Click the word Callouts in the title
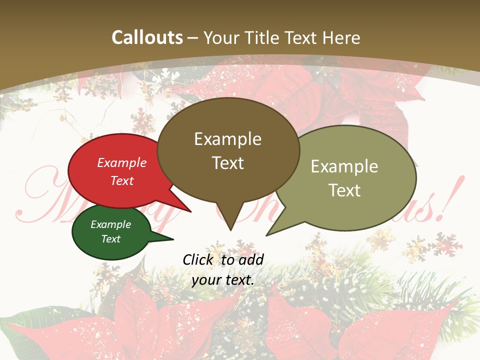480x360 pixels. pyautogui.click(x=147, y=37)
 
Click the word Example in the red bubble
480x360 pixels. pyautogui.click(x=122, y=163)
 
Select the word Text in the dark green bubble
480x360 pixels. pyautogui.click(x=111, y=239)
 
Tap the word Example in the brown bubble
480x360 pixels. pyautogui.click(x=227, y=139)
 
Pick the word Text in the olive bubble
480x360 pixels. pyautogui.click(x=344, y=190)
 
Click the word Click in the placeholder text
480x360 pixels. pyautogui.click(x=198, y=259)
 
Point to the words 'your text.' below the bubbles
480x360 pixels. pyautogui.click(x=223, y=280)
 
